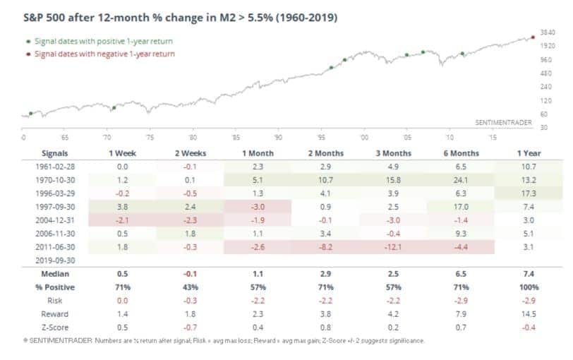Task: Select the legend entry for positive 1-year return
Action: (103, 41)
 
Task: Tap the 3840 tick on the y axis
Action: (548, 32)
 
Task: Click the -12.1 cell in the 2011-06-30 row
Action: (381, 247)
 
